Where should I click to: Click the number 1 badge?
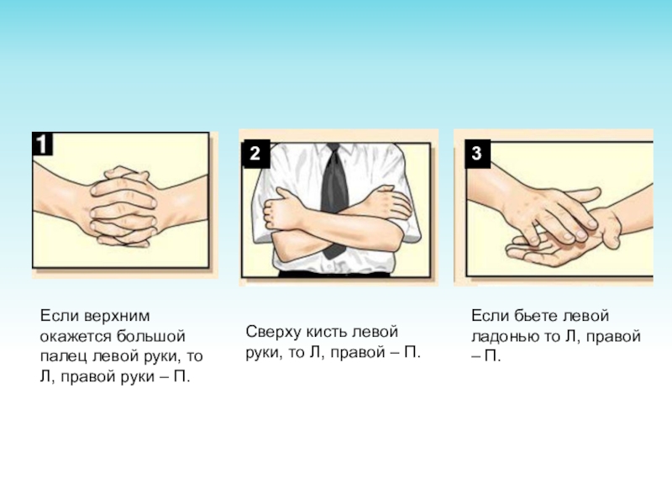tap(43, 144)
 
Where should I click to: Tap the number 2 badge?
tap(255, 153)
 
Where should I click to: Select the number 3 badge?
tap(477, 153)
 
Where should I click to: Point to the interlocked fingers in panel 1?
tap(123, 207)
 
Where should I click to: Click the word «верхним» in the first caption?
tap(117, 316)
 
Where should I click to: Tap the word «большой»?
tap(148, 336)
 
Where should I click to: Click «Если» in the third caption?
tap(491, 316)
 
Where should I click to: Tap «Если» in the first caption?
tap(60, 316)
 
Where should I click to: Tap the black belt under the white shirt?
tap(334, 274)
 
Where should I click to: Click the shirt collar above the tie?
tap(334, 147)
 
